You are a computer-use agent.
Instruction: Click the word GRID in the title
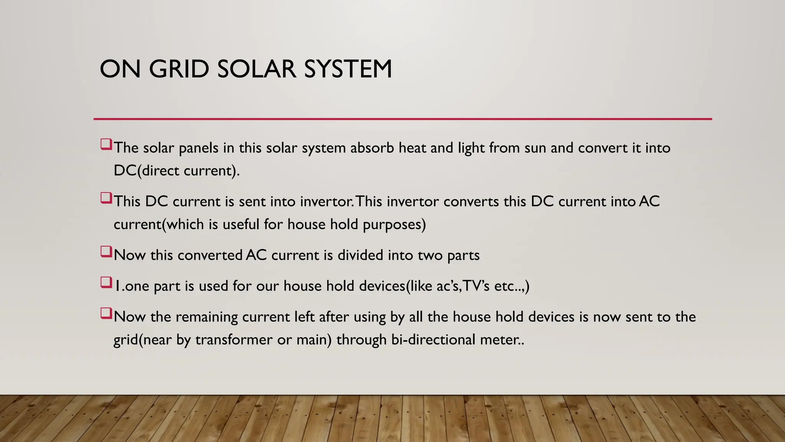tap(179, 69)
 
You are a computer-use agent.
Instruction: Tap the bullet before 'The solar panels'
tap(106, 145)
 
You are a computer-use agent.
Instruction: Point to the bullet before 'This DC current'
tap(106, 198)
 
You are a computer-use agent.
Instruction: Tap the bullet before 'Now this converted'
tap(106, 252)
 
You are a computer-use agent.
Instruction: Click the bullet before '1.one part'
tap(106, 283)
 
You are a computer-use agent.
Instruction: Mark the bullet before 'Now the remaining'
tap(106, 313)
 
